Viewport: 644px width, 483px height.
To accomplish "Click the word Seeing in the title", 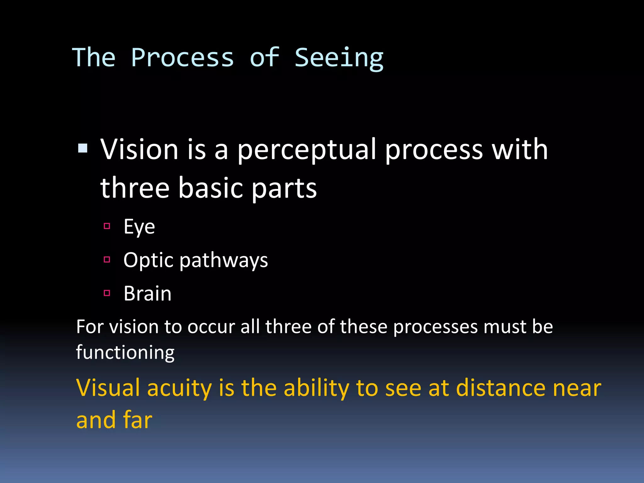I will [339, 58].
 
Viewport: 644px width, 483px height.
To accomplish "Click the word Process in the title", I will [182, 58].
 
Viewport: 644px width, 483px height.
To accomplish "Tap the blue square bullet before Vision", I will [83, 148].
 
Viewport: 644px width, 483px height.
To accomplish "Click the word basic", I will [211, 188].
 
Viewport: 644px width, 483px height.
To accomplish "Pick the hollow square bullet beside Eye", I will [107, 226].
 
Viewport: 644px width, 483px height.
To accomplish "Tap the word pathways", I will [224, 261].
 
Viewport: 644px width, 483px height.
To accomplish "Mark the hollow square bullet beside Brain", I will [107, 293].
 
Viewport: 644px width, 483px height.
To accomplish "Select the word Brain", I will [147, 294].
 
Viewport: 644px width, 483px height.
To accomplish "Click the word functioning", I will [125, 353].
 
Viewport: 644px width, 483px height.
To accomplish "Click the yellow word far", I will [138, 420].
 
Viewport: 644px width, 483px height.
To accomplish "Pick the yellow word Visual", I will [108, 388].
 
